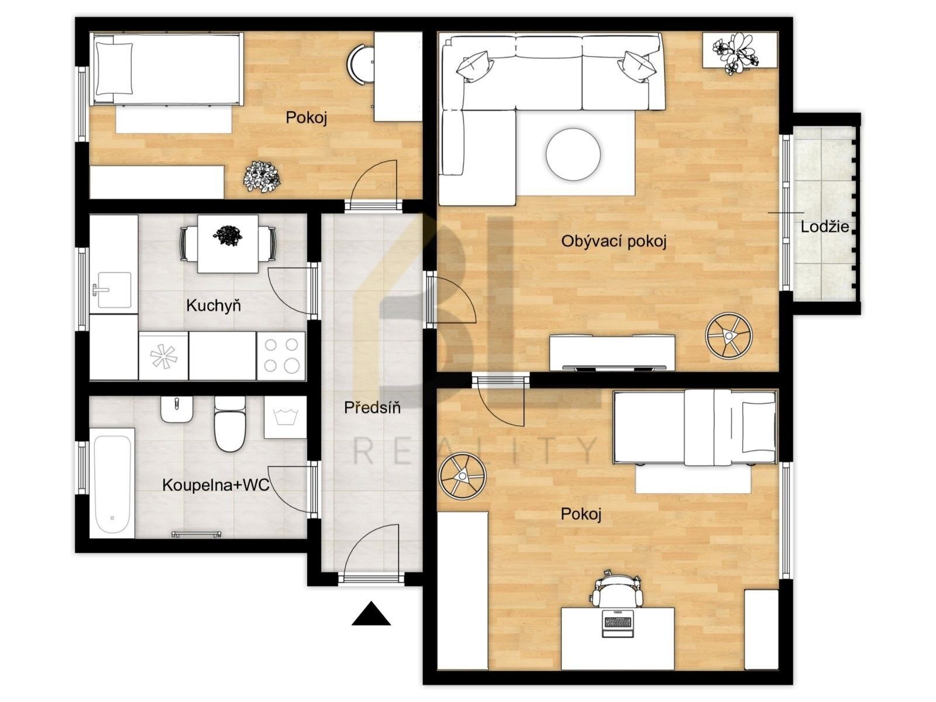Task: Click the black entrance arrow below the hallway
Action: click(x=371, y=615)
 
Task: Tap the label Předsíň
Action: click(x=372, y=408)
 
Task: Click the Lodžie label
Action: click(x=825, y=227)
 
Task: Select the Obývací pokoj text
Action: click(x=614, y=241)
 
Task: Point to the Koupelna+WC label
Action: click(x=215, y=485)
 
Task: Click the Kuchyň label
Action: click(x=214, y=305)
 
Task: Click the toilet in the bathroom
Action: click(x=230, y=425)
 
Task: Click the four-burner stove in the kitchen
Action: click(x=281, y=356)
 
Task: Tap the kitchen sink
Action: click(x=113, y=290)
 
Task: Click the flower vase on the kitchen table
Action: click(x=228, y=236)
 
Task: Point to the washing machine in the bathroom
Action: click(x=285, y=417)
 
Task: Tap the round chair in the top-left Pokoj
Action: click(x=360, y=65)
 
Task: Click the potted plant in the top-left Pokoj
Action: click(x=261, y=177)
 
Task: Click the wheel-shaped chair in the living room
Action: click(x=728, y=336)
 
